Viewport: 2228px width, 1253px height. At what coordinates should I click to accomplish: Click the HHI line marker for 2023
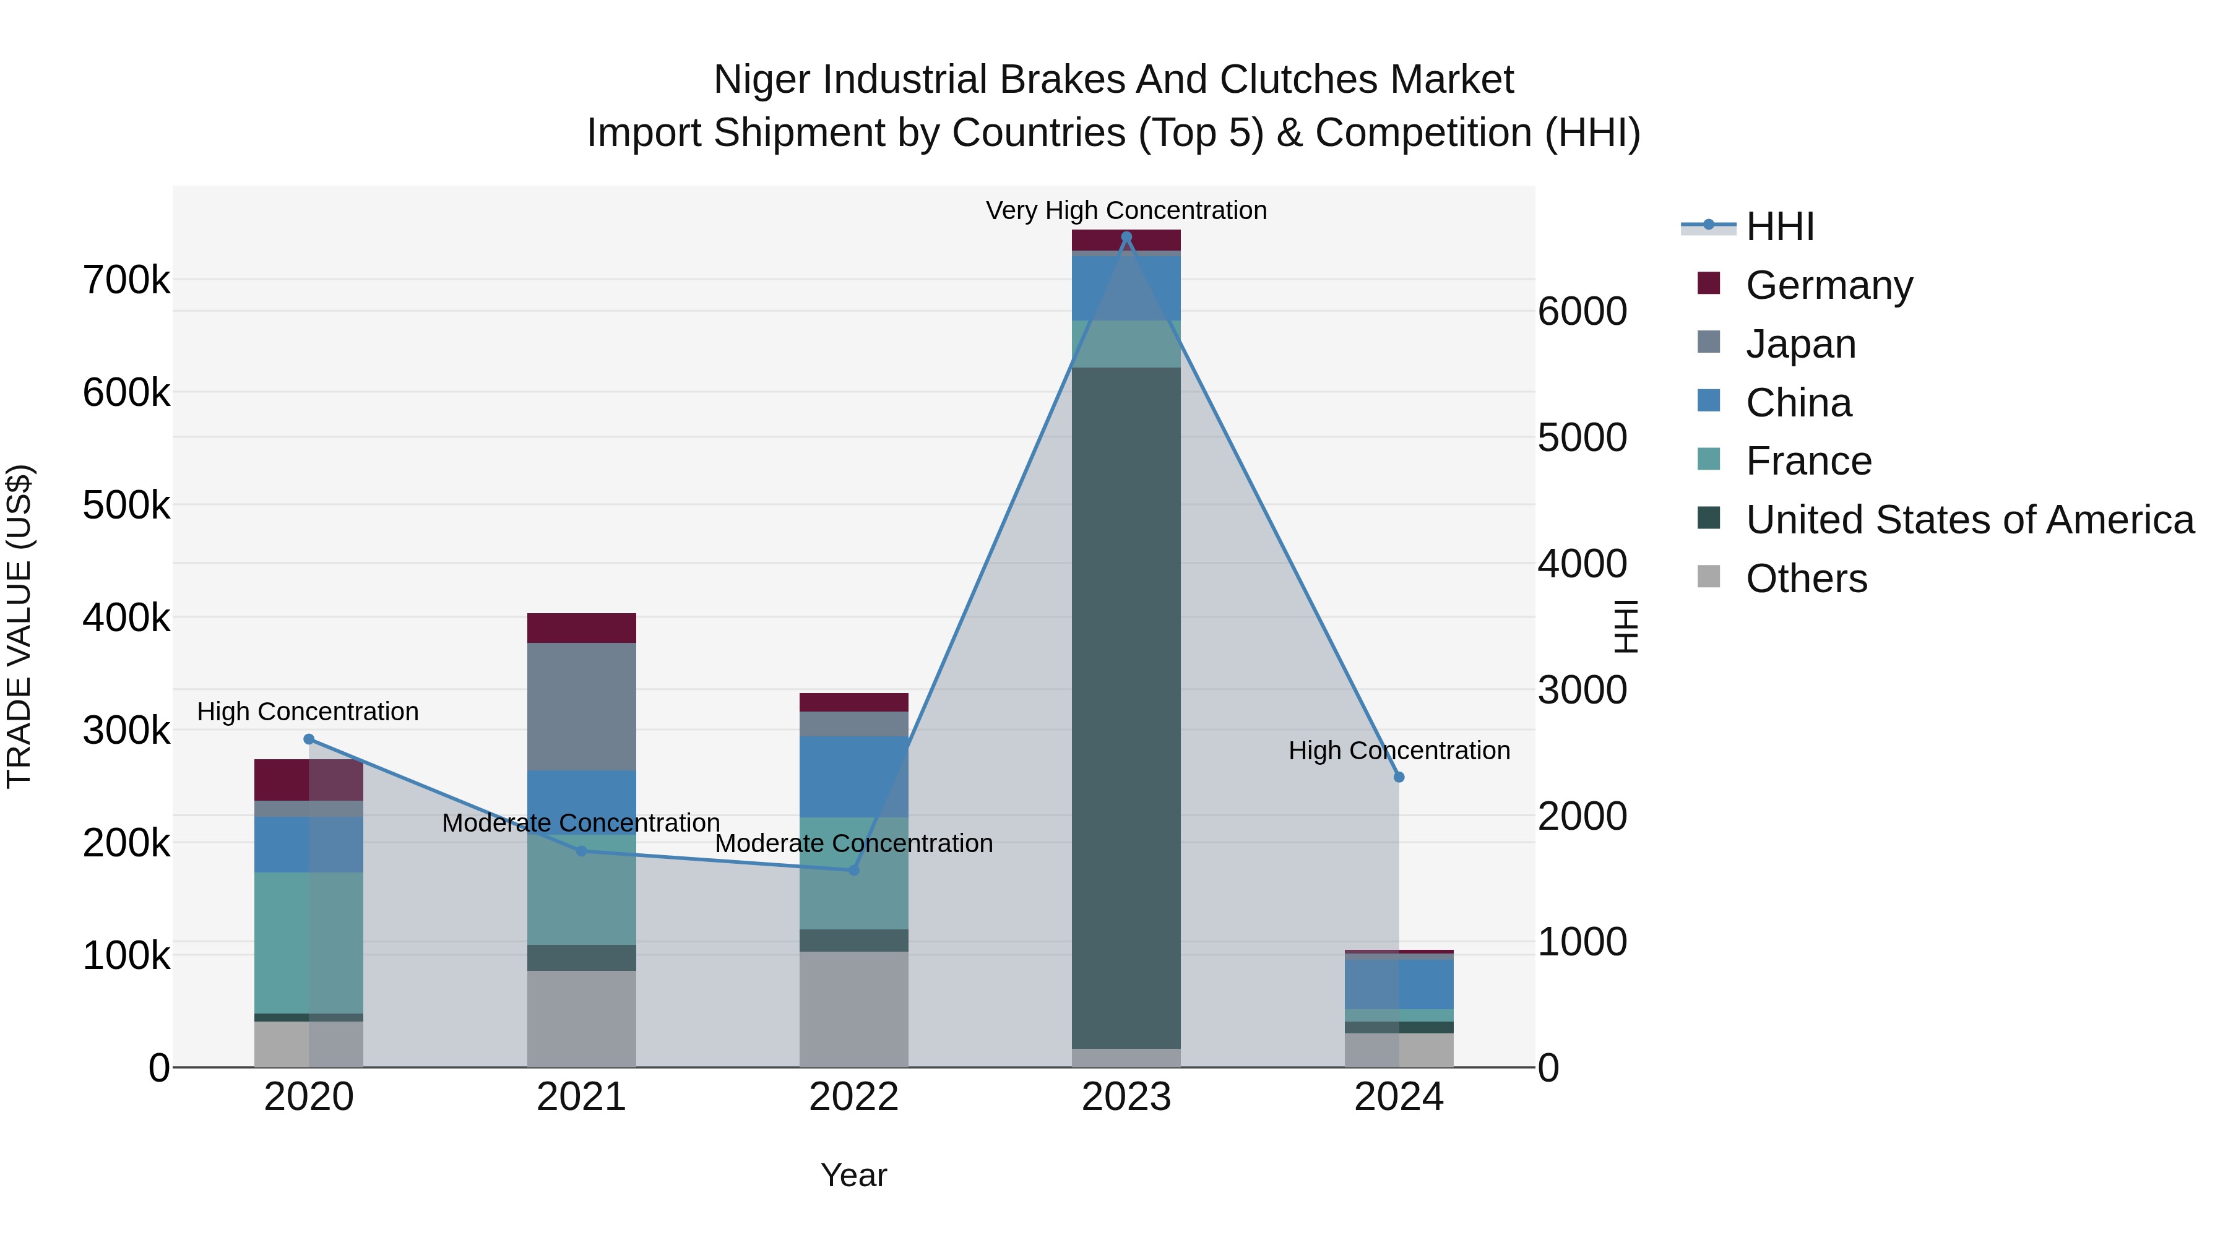click(1126, 237)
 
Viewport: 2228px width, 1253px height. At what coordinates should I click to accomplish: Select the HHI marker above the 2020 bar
click(309, 739)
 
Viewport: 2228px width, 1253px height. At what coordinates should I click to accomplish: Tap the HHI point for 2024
click(1399, 777)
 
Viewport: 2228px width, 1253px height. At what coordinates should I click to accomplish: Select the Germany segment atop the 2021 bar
click(581, 628)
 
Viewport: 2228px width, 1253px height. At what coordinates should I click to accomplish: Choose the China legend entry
click(1798, 403)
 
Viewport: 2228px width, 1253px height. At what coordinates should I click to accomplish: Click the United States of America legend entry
click(1969, 520)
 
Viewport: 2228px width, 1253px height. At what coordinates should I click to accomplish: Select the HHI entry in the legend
click(1779, 226)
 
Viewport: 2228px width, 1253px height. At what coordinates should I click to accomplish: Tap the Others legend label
click(1806, 579)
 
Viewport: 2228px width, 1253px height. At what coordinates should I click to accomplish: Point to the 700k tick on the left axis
click(126, 280)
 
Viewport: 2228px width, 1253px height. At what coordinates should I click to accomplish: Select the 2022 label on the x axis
click(853, 1097)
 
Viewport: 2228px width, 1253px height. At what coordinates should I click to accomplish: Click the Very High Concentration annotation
click(1126, 210)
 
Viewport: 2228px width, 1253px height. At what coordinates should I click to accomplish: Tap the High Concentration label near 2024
click(1399, 751)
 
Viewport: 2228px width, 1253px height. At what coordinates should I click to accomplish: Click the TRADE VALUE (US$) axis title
click(20, 626)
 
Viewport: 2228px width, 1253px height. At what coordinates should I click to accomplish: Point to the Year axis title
click(853, 1175)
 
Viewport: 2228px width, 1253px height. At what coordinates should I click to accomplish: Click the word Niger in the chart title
click(762, 80)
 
